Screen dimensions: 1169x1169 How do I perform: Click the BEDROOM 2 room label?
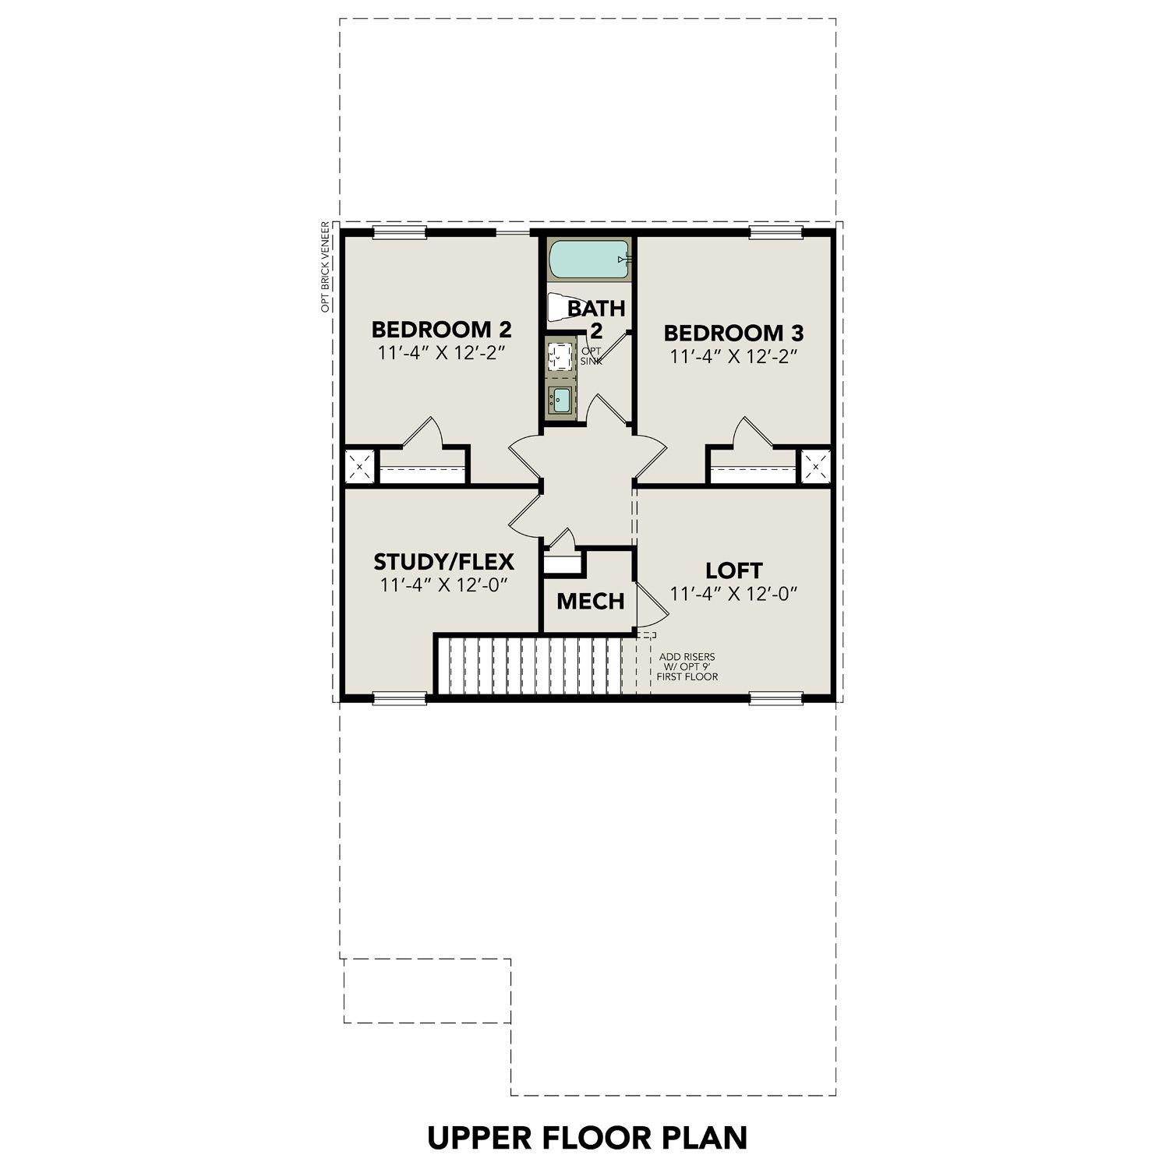click(x=441, y=328)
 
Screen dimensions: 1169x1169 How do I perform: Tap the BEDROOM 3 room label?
click(x=733, y=334)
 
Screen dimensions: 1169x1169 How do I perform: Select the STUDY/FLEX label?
click(x=443, y=562)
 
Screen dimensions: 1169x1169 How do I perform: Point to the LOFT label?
click(x=734, y=570)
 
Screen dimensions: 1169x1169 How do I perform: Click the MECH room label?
click(x=590, y=602)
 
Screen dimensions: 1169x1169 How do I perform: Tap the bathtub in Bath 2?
click(x=588, y=260)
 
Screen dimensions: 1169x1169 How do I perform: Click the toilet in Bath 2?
click(x=558, y=307)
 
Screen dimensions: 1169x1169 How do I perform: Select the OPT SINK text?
click(x=592, y=356)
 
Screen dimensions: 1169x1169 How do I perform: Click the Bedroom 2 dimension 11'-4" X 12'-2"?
click(x=442, y=352)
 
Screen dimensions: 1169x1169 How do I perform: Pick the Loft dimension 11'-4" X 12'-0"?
click(x=734, y=594)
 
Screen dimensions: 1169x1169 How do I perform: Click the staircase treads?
click(x=530, y=666)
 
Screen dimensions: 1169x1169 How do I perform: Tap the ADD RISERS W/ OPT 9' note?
click(x=687, y=667)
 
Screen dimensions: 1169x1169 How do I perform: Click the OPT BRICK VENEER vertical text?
click(x=326, y=267)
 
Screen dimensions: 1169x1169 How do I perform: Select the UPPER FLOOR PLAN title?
click(x=587, y=1138)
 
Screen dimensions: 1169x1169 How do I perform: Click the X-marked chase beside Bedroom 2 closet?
click(x=360, y=467)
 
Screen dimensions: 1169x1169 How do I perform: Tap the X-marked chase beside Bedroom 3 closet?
click(x=816, y=467)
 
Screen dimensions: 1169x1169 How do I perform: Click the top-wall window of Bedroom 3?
click(x=775, y=231)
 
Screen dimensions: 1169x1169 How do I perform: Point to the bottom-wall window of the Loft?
click(x=775, y=698)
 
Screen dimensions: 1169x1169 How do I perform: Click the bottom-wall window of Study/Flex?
click(x=400, y=698)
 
